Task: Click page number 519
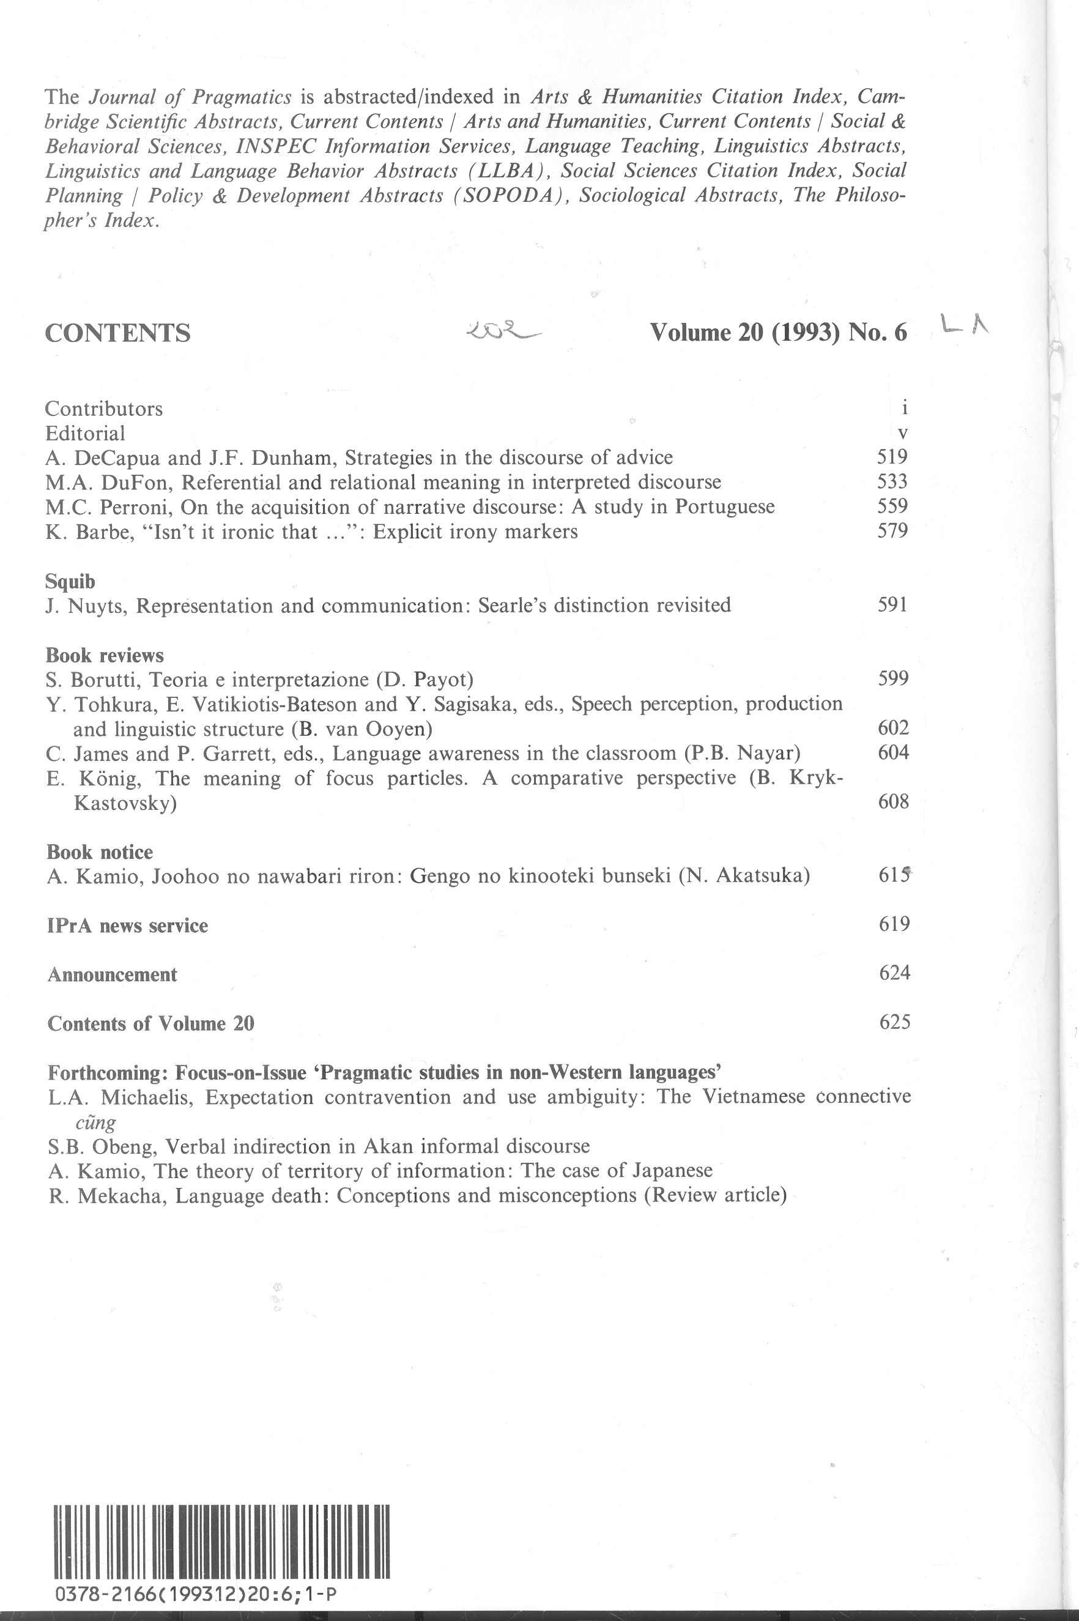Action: (892, 457)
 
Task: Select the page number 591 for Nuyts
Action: (892, 605)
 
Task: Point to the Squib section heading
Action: (70, 582)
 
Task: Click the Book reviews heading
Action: (105, 655)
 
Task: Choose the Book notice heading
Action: (100, 853)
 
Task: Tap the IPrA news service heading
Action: (127, 926)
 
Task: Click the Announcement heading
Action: (112, 975)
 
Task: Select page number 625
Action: (894, 1022)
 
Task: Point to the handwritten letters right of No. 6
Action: (964, 325)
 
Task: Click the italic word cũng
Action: (95, 1122)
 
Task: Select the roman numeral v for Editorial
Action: (903, 434)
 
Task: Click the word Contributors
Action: (104, 409)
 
